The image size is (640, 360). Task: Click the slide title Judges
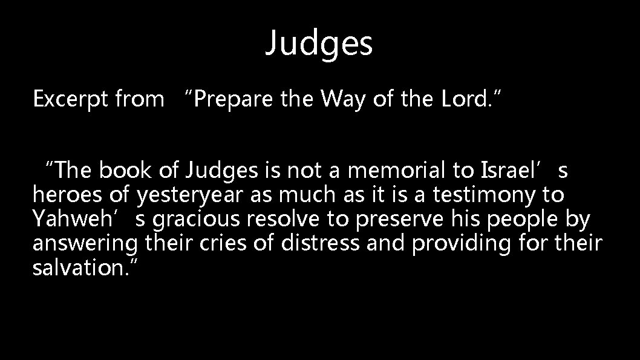click(319, 43)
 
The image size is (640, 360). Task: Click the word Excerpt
click(67, 99)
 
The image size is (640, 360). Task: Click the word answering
click(88, 244)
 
